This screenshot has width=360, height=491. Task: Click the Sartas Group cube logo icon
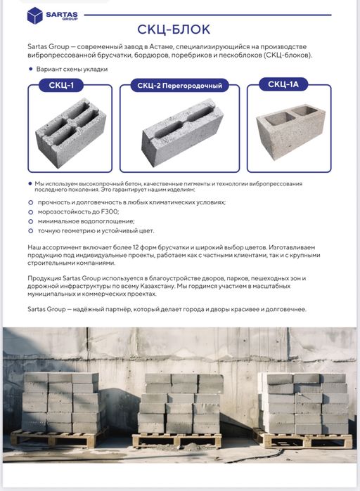click(34, 15)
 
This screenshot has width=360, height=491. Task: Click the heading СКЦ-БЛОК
click(174, 30)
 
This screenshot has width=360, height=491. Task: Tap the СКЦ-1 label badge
click(61, 85)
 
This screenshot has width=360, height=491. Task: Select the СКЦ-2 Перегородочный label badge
click(179, 86)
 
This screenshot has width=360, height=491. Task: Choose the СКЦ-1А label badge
click(283, 84)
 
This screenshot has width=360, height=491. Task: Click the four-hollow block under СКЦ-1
click(70, 133)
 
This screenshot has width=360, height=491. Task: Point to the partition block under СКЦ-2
click(182, 132)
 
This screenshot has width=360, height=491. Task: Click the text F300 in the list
click(110, 211)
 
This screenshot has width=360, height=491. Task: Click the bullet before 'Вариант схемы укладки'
click(30, 69)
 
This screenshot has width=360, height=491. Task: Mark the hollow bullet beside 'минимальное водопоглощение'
click(30, 221)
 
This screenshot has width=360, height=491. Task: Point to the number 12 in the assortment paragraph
click(136, 247)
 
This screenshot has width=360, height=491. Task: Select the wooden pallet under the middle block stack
click(177, 440)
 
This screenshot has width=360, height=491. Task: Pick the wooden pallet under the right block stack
click(303, 438)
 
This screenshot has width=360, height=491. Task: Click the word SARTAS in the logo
click(62, 15)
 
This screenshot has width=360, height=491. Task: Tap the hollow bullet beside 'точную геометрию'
click(30, 231)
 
